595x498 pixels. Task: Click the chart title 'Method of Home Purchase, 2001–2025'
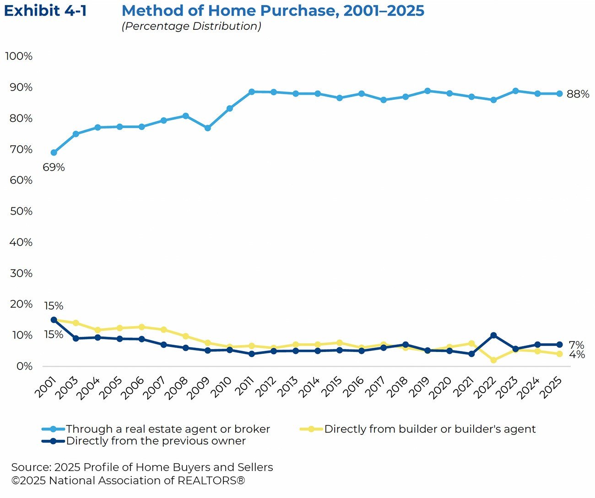click(x=273, y=11)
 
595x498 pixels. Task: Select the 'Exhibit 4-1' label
click(x=45, y=11)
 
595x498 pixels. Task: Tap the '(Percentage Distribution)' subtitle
click(x=191, y=26)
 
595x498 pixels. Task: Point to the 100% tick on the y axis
click(x=19, y=56)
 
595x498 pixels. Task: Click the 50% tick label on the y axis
click(x=21, y=211)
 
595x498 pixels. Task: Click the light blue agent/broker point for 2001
click(x=54, y=152)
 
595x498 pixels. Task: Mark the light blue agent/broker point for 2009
click(x=207, y=128)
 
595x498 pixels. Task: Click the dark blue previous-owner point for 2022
click(x=493, y=336)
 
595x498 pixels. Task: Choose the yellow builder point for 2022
click(x=493, y=360)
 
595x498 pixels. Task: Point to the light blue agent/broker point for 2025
click(x=559, y=94)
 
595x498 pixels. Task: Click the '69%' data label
click(x=54, y=168)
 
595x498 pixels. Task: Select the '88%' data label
click(x=578, y=94)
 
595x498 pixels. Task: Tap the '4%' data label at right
click(x=577, y=355)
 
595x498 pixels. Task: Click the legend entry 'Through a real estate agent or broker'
click(x=168, y=429)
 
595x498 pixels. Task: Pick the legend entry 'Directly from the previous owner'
click(x=156, y=441)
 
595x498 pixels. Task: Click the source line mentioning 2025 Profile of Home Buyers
click(x=142, y=467)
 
